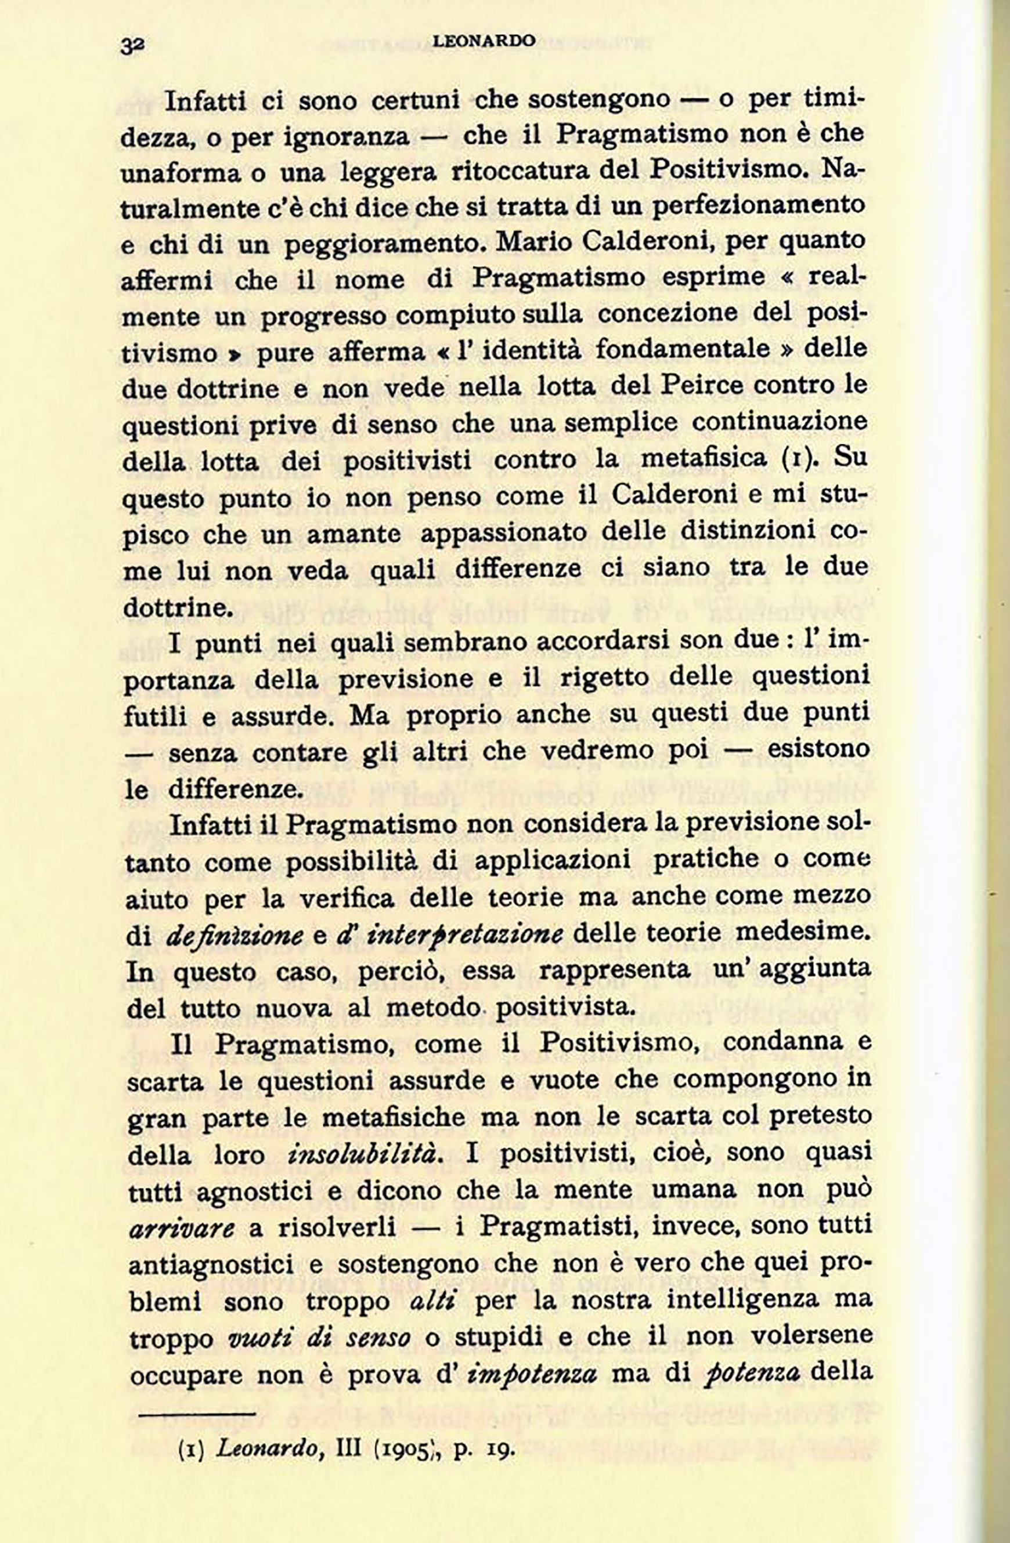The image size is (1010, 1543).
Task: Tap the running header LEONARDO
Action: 484,41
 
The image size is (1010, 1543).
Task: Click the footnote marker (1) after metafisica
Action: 798,459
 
